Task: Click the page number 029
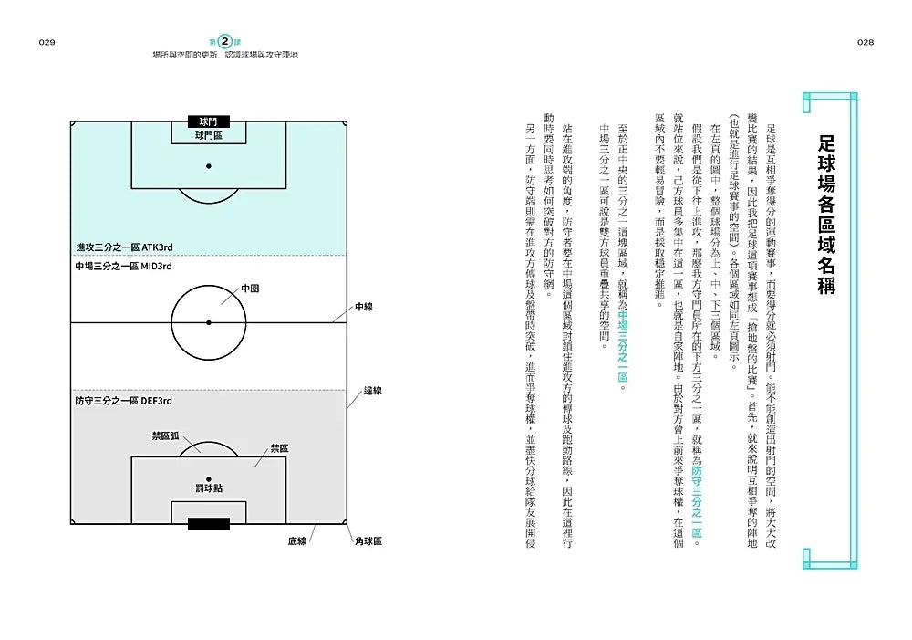pyautogui.click(x=47, y=43)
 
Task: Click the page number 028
pyautogui.click(x=865, y=43)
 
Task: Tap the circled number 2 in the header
pyautogui.click(x=225, y=41)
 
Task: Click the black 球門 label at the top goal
pyautogui.click(x=208, y=121)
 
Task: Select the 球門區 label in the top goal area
pyautogui.click(x=209, y=136)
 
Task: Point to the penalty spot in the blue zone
pyautogui.click(x=209, y=166)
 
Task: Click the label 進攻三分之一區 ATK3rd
pyautogui.click(x=124, y=247)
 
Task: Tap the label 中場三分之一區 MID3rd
pyautogui.click(x=123, y=266)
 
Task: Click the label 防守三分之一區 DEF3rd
pyautogui.click(x=123, y=401)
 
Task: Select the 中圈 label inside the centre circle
pyautogui.click(x=250, y=289)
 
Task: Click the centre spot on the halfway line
pyautogui.click(x=209, y=322)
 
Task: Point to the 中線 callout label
pyautogui.click(x=364, y=307)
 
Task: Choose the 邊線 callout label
pyautogui.click(x=373, y=391)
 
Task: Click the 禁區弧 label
pyautogui.click(x=166, y=435)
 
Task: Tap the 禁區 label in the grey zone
pyautogui.click(x=280, y=448)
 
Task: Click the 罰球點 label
pyautogui.click(x=209, y=488)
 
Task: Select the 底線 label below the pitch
pyautogui.click(x=297, y=541)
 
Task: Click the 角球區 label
pyautogui.click(x=368, y=541)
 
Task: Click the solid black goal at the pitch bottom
pyautogui.click(x=209, y=524)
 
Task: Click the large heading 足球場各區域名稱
pyautogui.click(x=826, y=215)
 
